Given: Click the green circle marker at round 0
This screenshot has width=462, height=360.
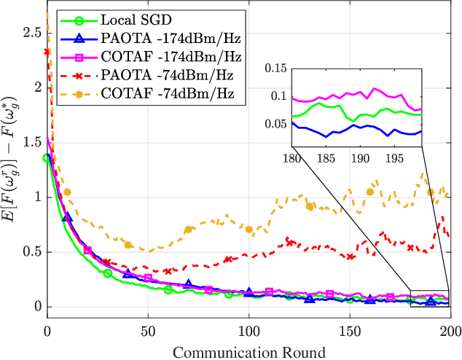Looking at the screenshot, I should (x=48, y=158).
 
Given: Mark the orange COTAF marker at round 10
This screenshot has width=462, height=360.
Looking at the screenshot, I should (x=67, y=192).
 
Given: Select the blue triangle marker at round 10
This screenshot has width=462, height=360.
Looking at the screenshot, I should (x=67, y=217).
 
